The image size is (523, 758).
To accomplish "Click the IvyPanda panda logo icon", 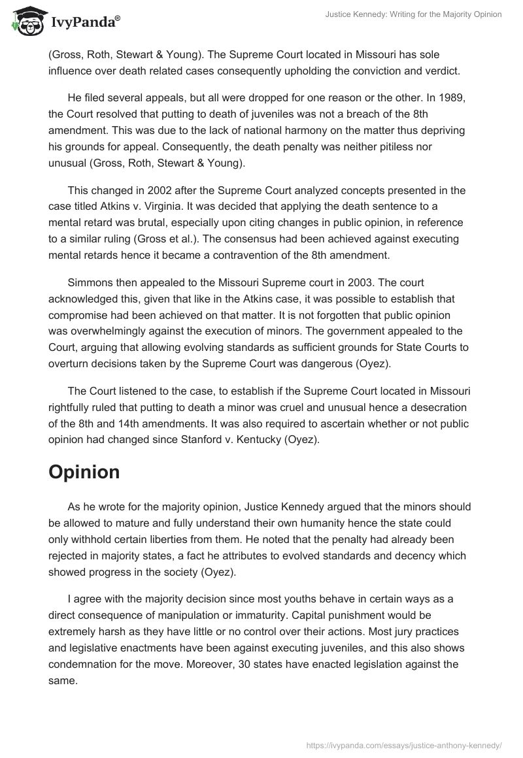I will click(26, 22).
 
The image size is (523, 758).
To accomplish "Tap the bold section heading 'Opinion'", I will click(84, 472).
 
